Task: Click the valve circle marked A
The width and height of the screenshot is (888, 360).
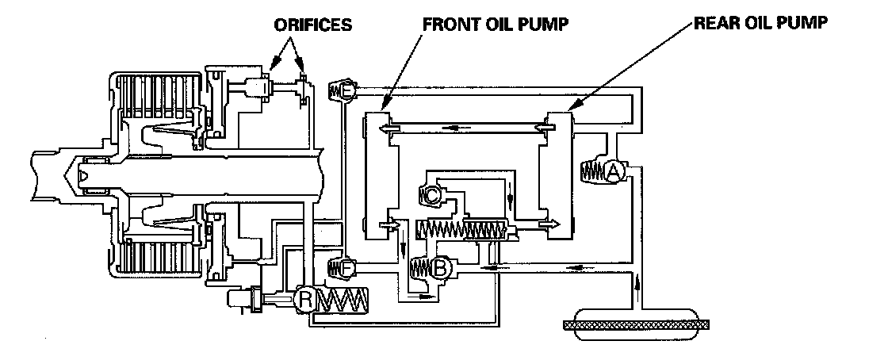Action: point(614,171)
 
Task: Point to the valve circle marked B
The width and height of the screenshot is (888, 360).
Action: point(442,270)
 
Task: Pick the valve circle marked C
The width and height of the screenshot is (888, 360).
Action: point(434,193)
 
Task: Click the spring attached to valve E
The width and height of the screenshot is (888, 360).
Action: point(334,92)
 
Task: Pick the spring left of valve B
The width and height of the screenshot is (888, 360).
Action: point(421,270)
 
